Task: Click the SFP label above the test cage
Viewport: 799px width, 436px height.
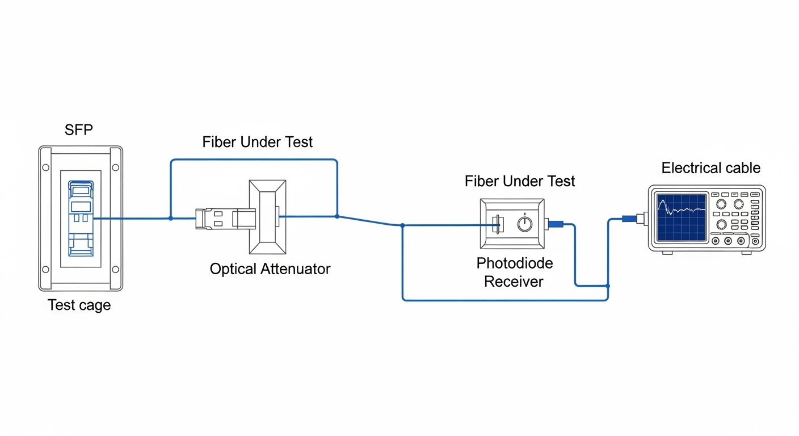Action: pyautogui.click(x=79, y=130)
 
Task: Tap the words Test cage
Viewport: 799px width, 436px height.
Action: pyautogui.click(x=79, y=305)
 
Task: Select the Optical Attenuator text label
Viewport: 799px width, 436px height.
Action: pyautogui.click(x=270, y=269)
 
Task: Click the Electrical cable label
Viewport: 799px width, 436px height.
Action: pyautogui.click(x=710, y=168)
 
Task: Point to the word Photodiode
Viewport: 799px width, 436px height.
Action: pyautogui.click(x=514, y=263)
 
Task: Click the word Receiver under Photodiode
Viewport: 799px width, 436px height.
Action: pyautogui.click(x=514, y=282)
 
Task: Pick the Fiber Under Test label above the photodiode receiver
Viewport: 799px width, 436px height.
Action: pyautogui.click(x=519, y=181)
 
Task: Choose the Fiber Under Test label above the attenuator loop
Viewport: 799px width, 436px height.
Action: pyautogui.click(x=257, y=142)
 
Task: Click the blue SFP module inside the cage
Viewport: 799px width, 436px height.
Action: pyautogui.click(x=81, y=218)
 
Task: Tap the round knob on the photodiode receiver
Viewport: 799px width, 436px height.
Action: pyautogui.click(x=525, y=225)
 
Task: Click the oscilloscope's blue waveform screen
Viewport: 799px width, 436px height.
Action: pyautogui.click(x=681, y=216)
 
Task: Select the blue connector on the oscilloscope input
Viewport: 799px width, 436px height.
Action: pyautogui.click(x=629, y=218)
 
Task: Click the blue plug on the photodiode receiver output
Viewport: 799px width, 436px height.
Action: pyautogui.click(x=555, y=224)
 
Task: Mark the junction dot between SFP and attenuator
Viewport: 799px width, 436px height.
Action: pyautogui.click(x=171, y=218)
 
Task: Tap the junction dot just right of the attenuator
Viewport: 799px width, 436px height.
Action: pyautogui.click(x=337, y=216)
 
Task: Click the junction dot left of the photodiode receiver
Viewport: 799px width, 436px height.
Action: pyautogui.click(x=402, y=225)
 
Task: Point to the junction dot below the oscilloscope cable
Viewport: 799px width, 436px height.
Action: pyautogui.click(x=608, y=286)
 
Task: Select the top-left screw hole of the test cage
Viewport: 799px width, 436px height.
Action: pyautogui.click(x=46, y=167)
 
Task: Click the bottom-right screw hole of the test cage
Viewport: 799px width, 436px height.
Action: pyautogui.click(x=116, y=269)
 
